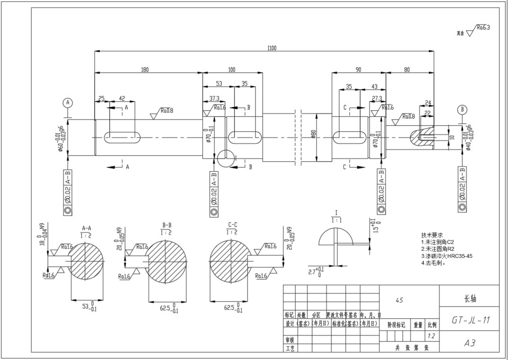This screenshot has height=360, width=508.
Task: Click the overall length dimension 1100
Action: [x=272, y=48]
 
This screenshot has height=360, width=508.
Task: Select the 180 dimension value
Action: [x=144, y=70]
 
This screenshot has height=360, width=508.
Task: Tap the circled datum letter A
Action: [x=68, y=103]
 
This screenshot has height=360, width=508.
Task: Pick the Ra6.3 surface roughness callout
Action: [x=482, y=28]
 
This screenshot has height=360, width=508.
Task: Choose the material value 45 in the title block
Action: [x=399, y=300]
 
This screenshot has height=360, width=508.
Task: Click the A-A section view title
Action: [x=87, y=228]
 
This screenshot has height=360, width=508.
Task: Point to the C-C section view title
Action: [x=232, y=225]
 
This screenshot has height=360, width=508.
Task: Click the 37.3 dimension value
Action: [x=214, y=98]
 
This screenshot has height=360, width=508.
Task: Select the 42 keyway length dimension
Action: [x=122, y=98]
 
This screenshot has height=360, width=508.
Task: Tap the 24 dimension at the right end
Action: [x=428, y=103]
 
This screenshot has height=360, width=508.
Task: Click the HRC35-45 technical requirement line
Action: [x=447, y=256]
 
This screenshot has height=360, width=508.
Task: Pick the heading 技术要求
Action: [x=431, y=235]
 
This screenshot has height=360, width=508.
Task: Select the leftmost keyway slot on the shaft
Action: [x=122, y=138]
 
